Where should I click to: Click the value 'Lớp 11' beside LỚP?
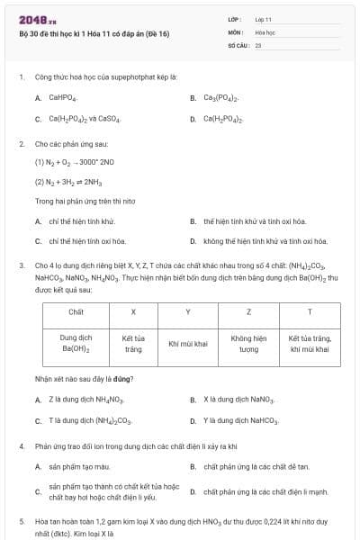click(x=263, y=19)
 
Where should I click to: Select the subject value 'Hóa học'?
click(x=265, y=31)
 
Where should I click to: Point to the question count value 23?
click(x=258, y=44)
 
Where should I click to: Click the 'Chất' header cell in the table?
click(x=76, y=311)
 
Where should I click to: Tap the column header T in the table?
click(x=310, y=311)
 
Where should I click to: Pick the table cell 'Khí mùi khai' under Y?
click(x=188, y=343)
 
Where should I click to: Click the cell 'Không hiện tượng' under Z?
click(x=248, y=343)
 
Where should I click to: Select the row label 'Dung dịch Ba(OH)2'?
click(x=76, y=343)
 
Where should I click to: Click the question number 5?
click(x=22, y=521)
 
